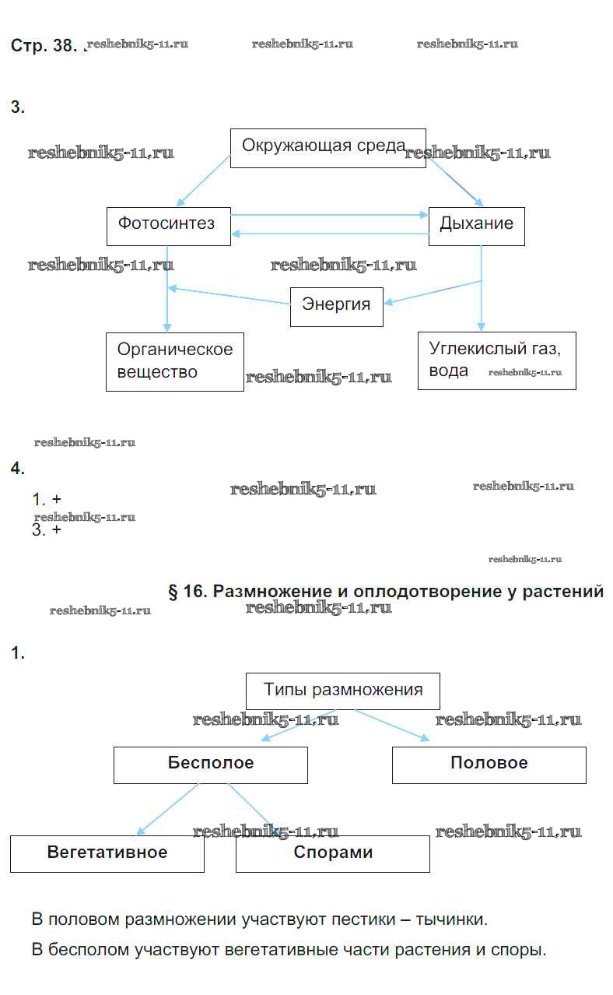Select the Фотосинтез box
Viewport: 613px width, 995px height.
point(168,226)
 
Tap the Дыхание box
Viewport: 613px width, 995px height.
point(476,226)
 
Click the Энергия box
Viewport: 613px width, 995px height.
point(336,307)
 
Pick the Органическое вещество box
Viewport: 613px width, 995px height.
point(174,361)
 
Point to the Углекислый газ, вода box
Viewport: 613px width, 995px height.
point(496,360)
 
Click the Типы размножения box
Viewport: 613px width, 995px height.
point(342,691)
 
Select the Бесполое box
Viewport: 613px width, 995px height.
point(210,765)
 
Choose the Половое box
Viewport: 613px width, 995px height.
point(489,765)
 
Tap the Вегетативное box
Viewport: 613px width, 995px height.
point(107,853)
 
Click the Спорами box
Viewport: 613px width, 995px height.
point(332,853)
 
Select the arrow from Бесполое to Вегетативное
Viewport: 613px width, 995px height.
point(167,810)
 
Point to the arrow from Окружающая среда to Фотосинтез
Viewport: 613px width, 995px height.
point(204,181)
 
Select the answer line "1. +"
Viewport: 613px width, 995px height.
point(47,500)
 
